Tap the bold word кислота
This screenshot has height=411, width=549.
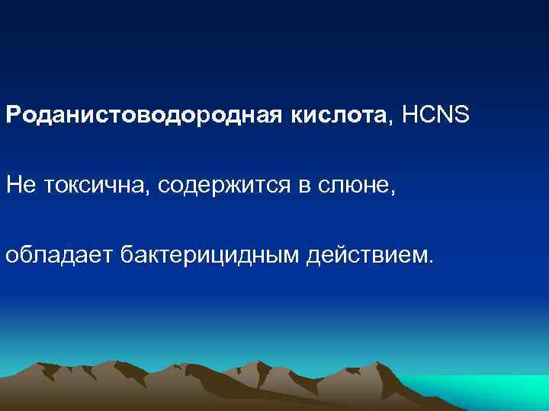(339, 116)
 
